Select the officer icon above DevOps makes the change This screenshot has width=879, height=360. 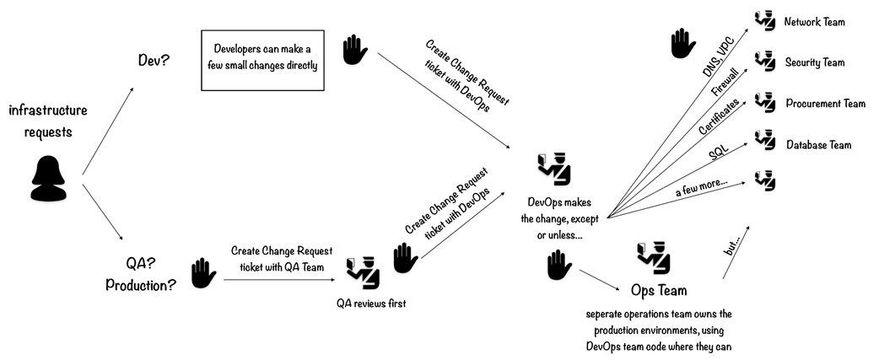pyautogui.click(x=554, y=168)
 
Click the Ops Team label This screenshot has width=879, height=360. pyautogui.click(x=659, y=290)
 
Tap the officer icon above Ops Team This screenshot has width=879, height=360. pyautogui.click(x=655, y=255)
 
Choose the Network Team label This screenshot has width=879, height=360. pyautogui.click(x=814, y=22)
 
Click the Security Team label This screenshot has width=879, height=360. pyautogui.click(x=814, y=62)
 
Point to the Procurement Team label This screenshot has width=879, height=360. pyautogui.click(x=825, y=104)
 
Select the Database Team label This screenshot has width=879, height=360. pyautogui.click(x=818, y=145)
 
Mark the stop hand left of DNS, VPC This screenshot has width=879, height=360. pyautogui.click(x=682, y=44)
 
